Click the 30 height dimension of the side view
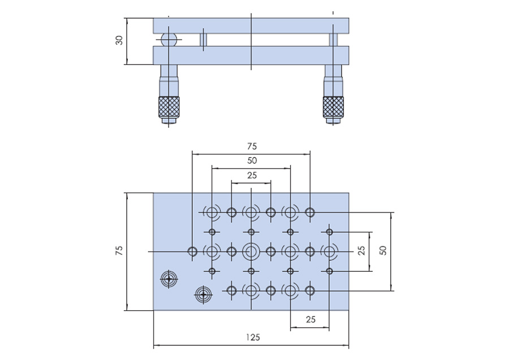pyautogui.click(x=119, y=41)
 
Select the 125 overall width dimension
pyautogui.click(x=253, y=337)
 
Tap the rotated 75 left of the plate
pyautogui.click(x=119, y=251)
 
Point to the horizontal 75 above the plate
pyautogui.click(x=252, y=146)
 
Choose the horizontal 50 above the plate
pyautogui.click(x=252, y=161)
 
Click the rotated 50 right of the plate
pyautogui.click(x=383, y=251)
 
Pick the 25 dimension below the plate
pyautogui.click(x=310, y=319)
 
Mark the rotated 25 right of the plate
pyautogui.click(x=362, y=251)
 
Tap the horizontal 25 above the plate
pyautogui.click(x=252, y=175)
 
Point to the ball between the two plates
pyautogui.click(x=169, y=40)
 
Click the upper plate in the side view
pyautogui.click(x=251, y=25)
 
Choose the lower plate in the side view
pyautogui.click(x=251, y=55)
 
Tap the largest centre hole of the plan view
pyautogui.click(x=251, y=251)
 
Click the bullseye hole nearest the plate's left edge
pyautogui.click(x=169, y=279)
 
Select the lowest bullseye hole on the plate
pyautogui.click(x=203, y=294)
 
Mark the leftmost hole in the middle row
pyautogui.click(x=192, y=251)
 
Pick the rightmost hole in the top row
pyautogui.click(x=309, y=212)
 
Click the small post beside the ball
pyautogui.click(x=204, y=40)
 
